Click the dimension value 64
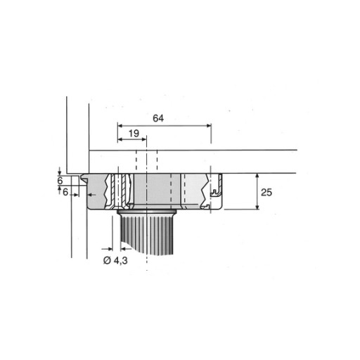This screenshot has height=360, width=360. coord(158,118)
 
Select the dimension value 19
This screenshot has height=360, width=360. coord(134,134)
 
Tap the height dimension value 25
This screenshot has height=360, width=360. coord(266,193)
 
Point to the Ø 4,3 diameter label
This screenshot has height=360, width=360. coord(115,260)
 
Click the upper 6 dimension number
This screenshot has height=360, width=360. coord(60,181)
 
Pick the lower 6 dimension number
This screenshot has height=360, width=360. coord(65,192)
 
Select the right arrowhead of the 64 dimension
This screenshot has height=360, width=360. coord(209,126)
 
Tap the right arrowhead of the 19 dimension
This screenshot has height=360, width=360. coord(143,139)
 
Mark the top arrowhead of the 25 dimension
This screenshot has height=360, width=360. coord(257,176)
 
